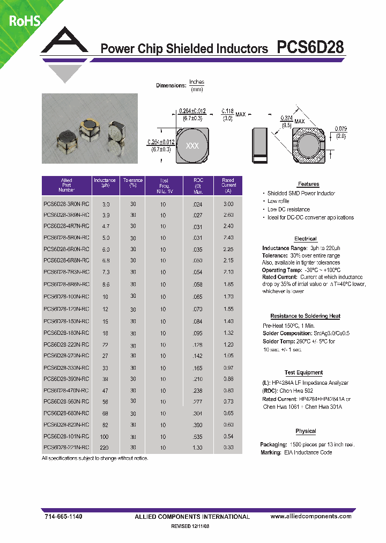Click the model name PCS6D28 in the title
click(x=310, y=48)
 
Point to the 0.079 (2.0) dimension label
click(x=340, y=133)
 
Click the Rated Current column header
click(x=228, y=186)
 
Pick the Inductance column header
click(x=105, y=183)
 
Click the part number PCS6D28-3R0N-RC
click(x=66, y=204)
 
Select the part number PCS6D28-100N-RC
click(x=66, y=297)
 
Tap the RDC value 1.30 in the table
click(x=198, y=447)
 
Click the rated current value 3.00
click(x=228, y=204)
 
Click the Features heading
click(x=308, y=184)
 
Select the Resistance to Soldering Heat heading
click(x=305, y=317)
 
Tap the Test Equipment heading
click(x=303, y=372)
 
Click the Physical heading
click(x=306, y=431)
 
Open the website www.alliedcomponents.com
click(x=311, y=516)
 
